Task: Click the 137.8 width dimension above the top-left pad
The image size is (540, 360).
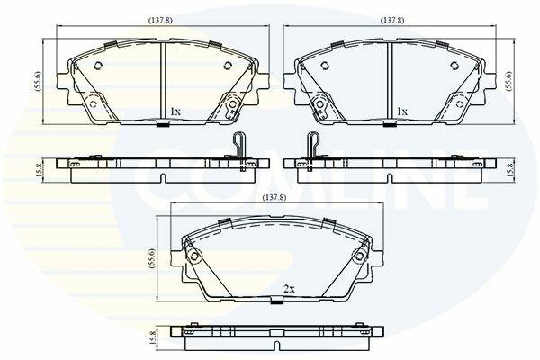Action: tap(160, 21)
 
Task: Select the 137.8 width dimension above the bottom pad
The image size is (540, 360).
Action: tap(274, 198)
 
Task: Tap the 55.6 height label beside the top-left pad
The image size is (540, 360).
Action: tap(38, 82)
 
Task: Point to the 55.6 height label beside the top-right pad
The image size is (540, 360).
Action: tap(509, 81)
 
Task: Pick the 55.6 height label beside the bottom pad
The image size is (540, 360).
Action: tap(153, 259)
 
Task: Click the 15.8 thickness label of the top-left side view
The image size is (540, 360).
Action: tap(39, 170)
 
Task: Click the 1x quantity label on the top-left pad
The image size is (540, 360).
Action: tap(175, 112)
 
